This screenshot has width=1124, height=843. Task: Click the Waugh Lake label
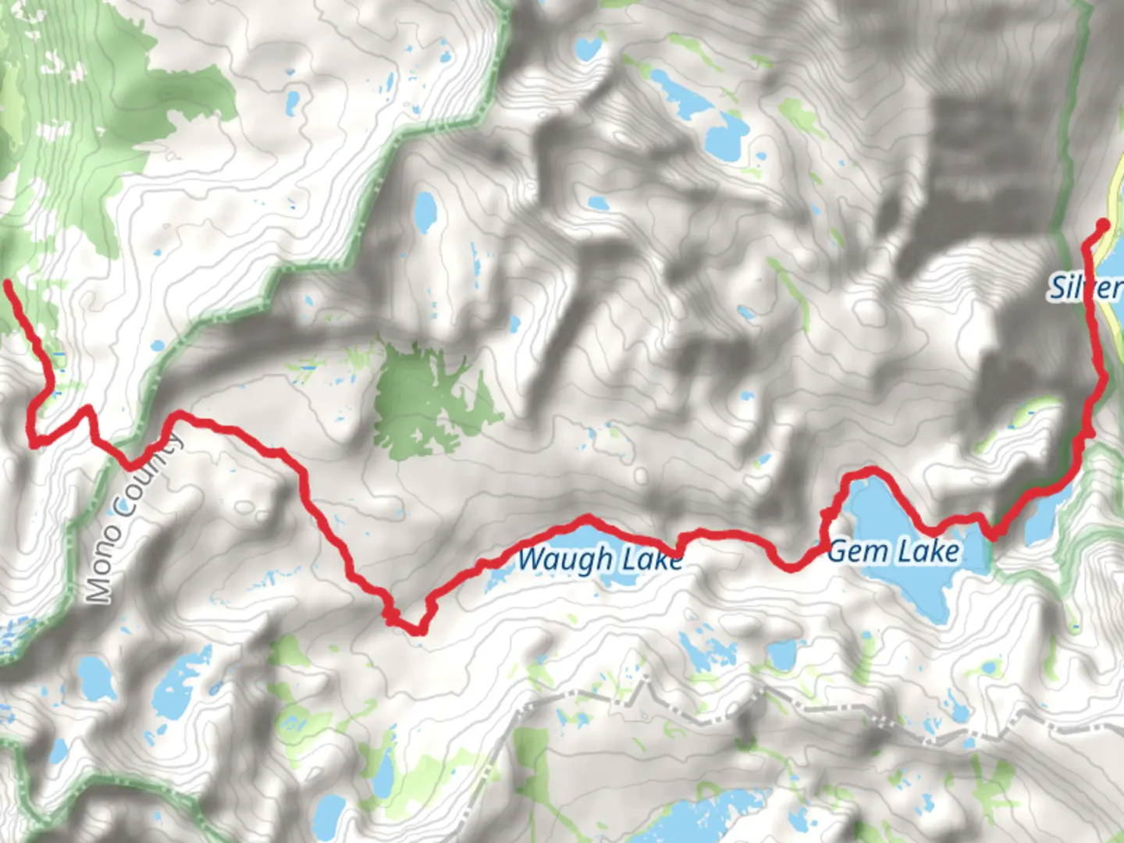tap(599, 560)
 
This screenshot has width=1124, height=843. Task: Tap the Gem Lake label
tap(893, 551)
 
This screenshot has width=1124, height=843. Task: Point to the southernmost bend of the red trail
tap(418, 630)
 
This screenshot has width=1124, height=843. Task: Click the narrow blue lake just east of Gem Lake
tap(1042, 519)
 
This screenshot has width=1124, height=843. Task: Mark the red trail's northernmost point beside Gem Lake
tap(868, 470)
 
